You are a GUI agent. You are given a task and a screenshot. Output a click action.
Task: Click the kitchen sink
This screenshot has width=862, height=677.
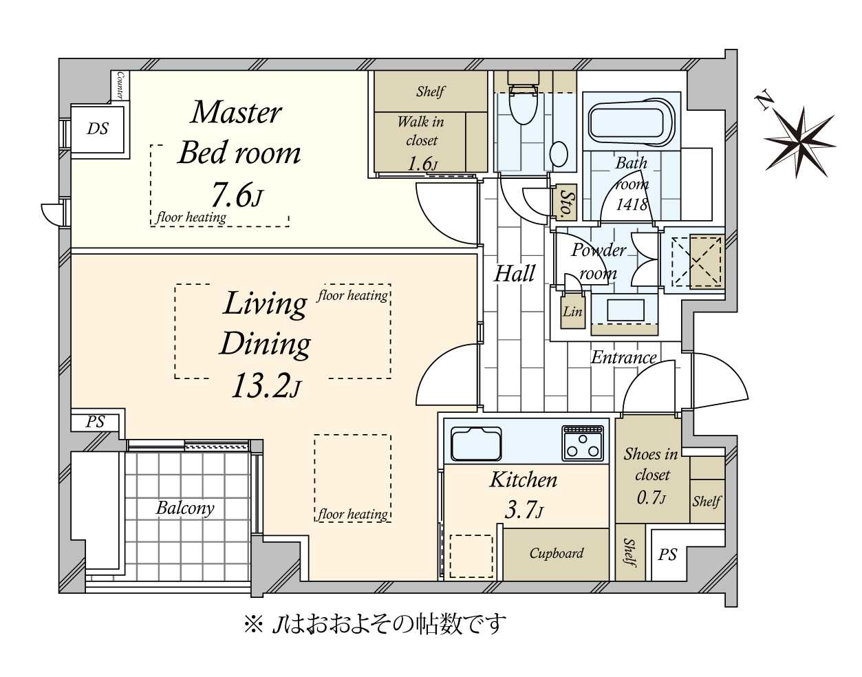[476, 443]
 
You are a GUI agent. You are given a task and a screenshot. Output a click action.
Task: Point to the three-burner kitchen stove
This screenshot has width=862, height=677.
[583, 442]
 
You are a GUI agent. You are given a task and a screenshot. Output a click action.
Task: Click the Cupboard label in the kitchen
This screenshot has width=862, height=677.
[556, 553]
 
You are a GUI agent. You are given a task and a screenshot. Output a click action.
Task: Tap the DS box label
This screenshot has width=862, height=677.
[98, 129]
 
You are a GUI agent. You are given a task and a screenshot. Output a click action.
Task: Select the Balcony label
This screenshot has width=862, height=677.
[184, 508]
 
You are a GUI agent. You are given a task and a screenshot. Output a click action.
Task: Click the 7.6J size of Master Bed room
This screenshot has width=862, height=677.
[236, 195]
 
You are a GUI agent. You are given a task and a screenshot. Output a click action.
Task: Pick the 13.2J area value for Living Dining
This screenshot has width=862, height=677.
[266, 387]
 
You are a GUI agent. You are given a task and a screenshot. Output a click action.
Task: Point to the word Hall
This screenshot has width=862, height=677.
[514, 274]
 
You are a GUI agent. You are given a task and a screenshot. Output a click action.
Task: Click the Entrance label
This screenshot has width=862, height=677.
[623, 357]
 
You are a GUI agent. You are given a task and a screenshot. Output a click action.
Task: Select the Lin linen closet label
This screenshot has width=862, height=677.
[572, 312]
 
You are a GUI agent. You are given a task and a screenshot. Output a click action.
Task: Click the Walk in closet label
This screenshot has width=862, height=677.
[421, 131]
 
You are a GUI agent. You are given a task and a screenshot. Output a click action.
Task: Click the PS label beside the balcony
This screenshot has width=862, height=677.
[96, 422]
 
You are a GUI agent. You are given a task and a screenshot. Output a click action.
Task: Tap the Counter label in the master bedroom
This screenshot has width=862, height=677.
[120, 85]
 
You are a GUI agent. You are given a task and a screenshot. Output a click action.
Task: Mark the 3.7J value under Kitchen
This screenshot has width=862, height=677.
[524, 510]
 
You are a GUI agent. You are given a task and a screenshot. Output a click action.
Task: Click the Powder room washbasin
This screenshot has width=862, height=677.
[625, 310]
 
